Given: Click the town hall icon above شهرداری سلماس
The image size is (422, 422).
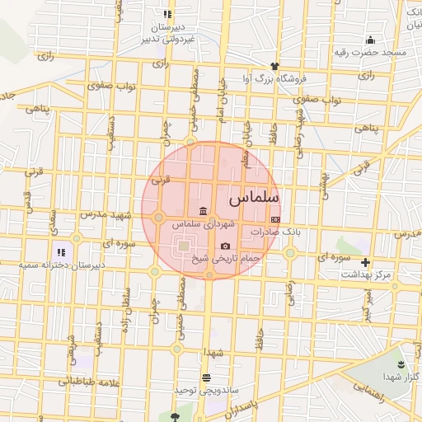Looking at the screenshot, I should [x=203, y=212].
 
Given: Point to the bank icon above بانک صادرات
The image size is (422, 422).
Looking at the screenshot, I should [x=275, y=219].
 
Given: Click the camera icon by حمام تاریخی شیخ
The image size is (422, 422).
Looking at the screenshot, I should [x=226, y=246].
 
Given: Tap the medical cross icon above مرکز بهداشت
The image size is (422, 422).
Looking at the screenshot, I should [x=366, y=262].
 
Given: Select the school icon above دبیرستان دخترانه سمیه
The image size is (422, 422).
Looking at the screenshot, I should [x=60, y=251].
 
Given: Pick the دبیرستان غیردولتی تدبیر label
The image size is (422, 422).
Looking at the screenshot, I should [x=168, y=32].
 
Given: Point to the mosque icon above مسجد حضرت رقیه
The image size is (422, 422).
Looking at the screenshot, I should [x=371, y=40].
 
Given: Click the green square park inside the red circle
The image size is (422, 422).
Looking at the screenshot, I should [x=183, y=245].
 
